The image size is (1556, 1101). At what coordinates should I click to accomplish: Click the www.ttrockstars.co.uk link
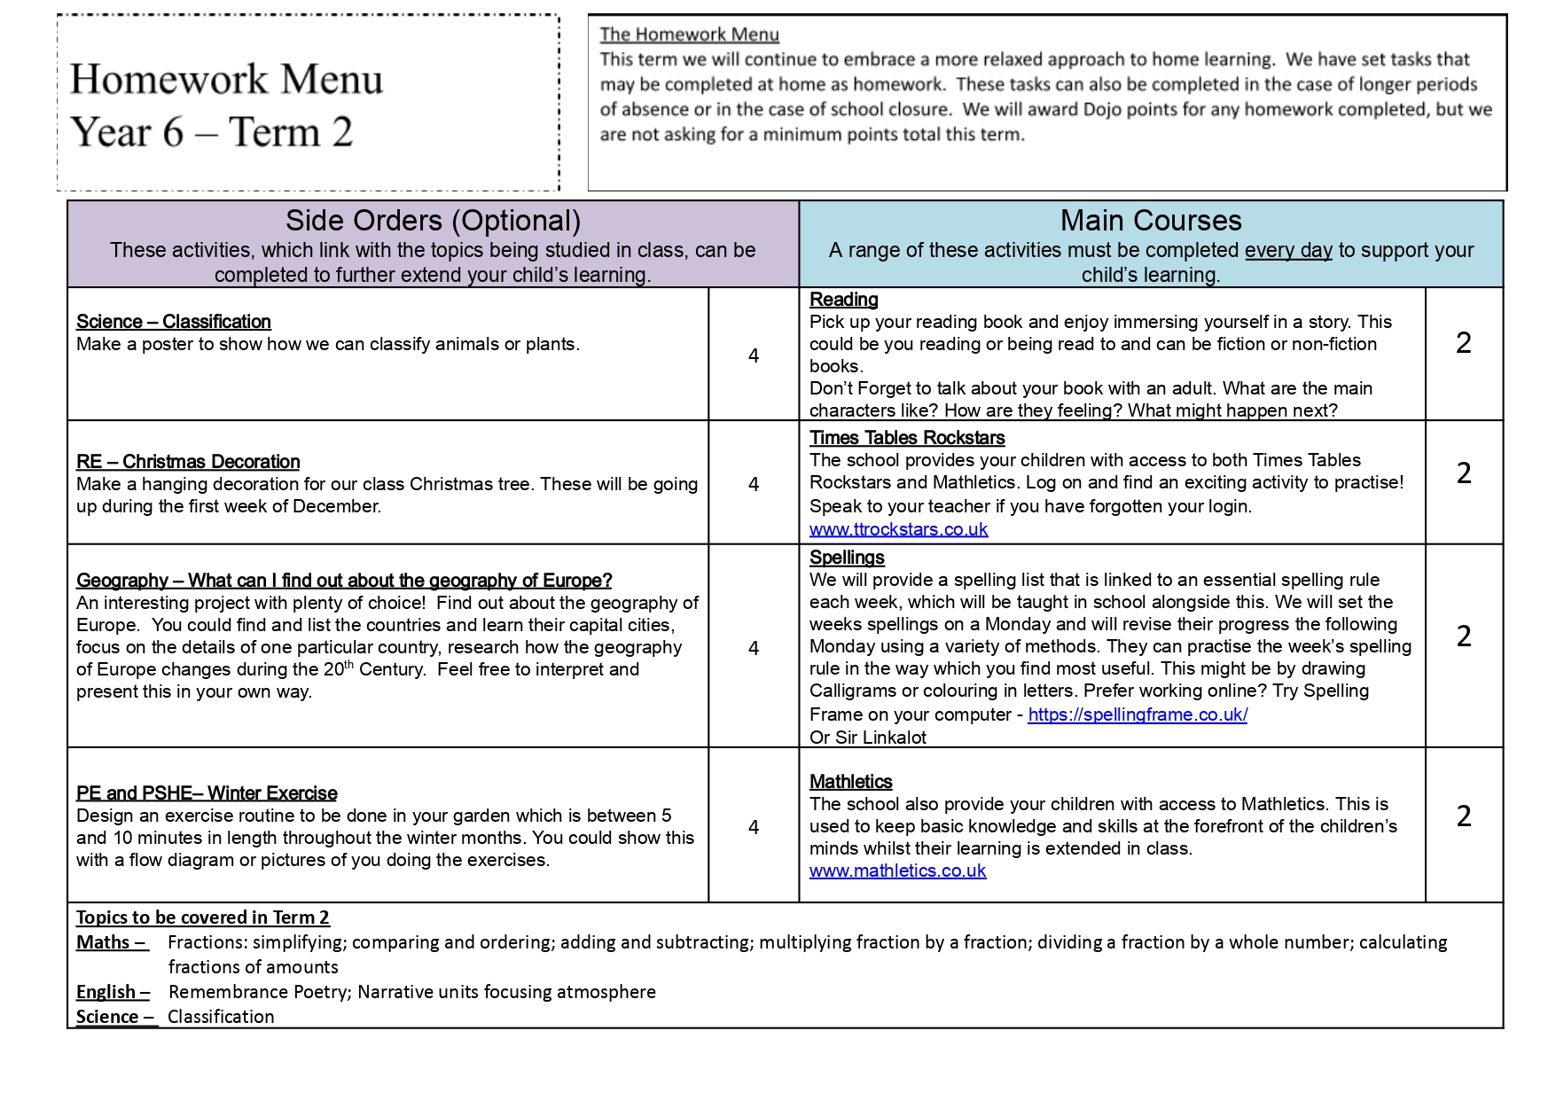pyautogui.click(x=898, y=529)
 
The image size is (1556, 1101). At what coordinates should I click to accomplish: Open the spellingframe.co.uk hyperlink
pyautogui.click(x=1138, y=714)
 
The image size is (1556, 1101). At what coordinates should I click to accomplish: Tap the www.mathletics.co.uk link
pyautogui.click(x=897, y=871)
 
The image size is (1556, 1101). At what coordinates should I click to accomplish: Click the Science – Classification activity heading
pyautogui.click(x=174, y=322)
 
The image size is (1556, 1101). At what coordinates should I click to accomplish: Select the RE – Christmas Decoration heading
pyautogui.click(x=188, y=462)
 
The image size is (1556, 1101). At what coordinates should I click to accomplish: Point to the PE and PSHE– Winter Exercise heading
pyautogui.click(x=207, y=793)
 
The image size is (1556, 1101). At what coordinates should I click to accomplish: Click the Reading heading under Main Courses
pyautogui.click(x=843, y=300)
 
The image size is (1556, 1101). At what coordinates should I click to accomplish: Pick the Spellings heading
pyautogui.click(x=847, y=558)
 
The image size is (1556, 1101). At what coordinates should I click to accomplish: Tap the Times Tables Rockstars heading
pyautogui.click(x=907, y=438)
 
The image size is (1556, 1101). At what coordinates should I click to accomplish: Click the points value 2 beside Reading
pyautogui.click(x=1464, y=343)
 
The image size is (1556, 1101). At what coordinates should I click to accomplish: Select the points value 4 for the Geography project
pyautogui.click(x=754, y=648)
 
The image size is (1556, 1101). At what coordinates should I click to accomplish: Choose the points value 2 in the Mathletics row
pyautogui.click(x=1464, y=816)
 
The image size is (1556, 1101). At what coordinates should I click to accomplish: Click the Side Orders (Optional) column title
pyautogui.click(x=433, y=221)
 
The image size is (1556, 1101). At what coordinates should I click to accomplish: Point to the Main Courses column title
pyautogui.click(x=1151, y=221)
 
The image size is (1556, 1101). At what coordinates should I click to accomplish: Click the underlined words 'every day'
pyautogui.click(x=1288, y=250)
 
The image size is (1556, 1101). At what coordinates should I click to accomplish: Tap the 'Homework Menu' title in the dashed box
pyautogui.click(x=227, y=80)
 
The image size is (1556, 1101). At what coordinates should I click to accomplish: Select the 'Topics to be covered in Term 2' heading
pyautogui.click(x=203, y=917)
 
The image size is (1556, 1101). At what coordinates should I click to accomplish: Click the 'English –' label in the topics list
pyautogui.click(x=113, y=992)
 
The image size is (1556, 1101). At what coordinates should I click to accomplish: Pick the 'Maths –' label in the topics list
pyautogui.click(x=112, y=942)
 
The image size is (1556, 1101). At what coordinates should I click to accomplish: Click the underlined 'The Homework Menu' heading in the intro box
pyautogui.click(x=689, y=35)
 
